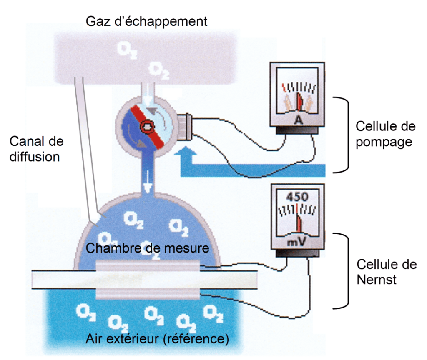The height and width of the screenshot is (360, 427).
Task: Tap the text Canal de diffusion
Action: [x=36, y=149]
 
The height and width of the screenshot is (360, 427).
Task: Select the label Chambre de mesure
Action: [x=147, y=248]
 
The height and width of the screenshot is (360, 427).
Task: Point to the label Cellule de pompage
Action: [x=384, y=134]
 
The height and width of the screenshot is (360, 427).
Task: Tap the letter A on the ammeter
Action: [x=298, y=120]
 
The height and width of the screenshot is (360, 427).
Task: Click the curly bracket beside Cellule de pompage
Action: [x=342, y=134]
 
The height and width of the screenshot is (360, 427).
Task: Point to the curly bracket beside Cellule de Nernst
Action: [x=343, y=271]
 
